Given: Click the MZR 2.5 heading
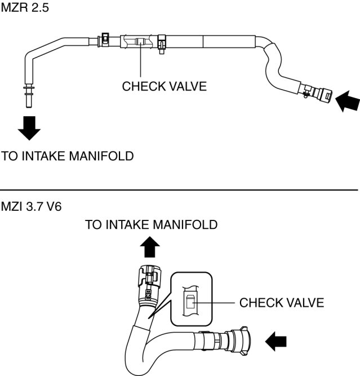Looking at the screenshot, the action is (x=25, y=7).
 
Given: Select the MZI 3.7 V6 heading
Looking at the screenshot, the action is (x=31, y=206).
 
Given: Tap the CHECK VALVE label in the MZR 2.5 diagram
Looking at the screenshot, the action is (x=164, y=86).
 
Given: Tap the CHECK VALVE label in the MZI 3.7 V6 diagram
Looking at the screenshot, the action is (x=282, y=303).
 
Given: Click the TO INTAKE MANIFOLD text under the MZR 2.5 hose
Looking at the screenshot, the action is (x=68, y=156).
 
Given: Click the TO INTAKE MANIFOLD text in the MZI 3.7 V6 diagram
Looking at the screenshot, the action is (x=151, y=225).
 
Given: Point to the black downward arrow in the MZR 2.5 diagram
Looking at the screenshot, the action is (x=29, y=128).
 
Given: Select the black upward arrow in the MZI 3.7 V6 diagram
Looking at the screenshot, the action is (x=150, y=247).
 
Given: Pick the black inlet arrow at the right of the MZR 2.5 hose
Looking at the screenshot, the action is (x=348, y=101).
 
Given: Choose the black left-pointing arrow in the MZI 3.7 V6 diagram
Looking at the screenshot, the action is (x=276, y=342).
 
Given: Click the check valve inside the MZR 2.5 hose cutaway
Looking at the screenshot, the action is (x=140, y=42).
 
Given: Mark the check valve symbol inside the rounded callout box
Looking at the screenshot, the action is (x=190, y=302).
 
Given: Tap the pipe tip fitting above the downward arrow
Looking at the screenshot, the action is (x=29, y=96).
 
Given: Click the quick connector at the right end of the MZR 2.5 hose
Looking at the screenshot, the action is (x=316, y=93).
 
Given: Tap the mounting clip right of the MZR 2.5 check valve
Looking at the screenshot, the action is (x=162, y=44).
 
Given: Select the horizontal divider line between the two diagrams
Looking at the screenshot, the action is (x=179, y=190).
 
